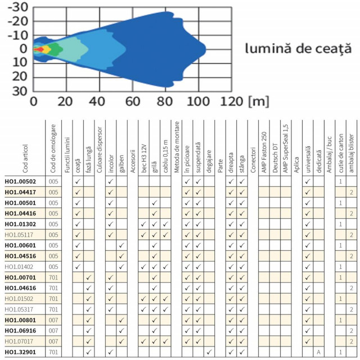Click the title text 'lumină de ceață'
pyautogui.click(x=294, y=49)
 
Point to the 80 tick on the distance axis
pyautogui.click(x=164, y=101)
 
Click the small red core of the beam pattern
pyautogui.click(x=38, y=49)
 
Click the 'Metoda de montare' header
pyautogui.click(x=177, y=147)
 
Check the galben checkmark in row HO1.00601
pyautogui.click(x=121, y=245)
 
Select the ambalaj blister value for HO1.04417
pyautogui.click(x=351, y=192)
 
